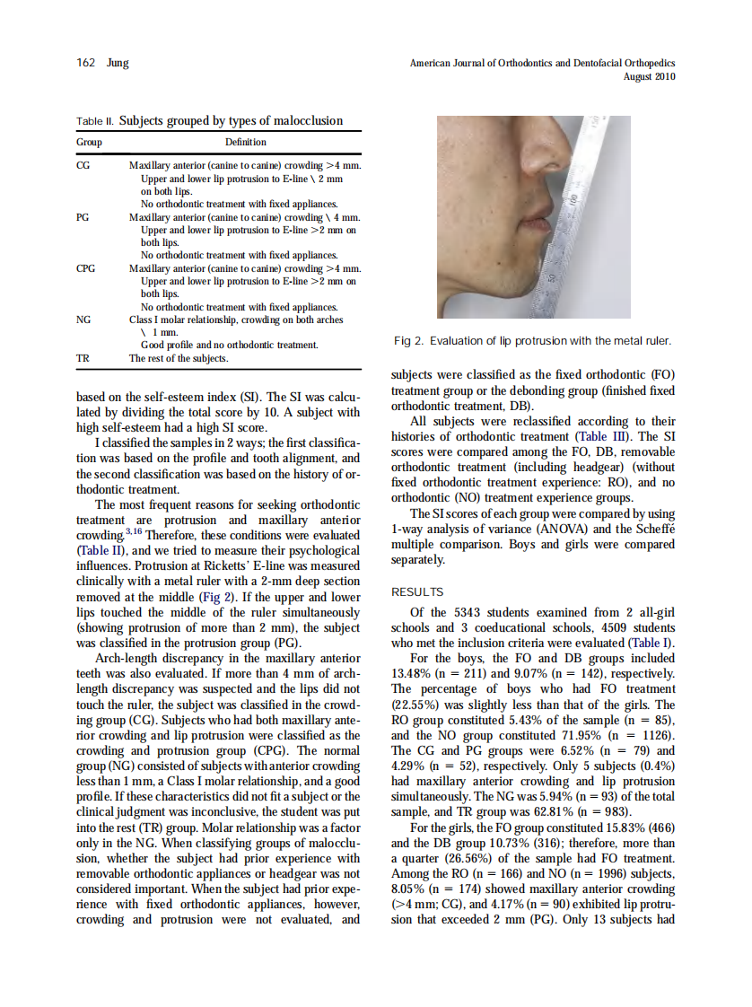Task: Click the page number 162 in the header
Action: click(87, 63)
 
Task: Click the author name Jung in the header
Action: click(117, 63)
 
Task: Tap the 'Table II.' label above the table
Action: click(94, 120)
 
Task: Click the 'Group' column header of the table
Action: click(89, 142)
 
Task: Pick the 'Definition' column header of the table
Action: click(245, 142)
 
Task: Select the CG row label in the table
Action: click(83, 166)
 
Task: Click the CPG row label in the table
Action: click(86, 267)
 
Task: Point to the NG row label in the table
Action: click(83, 319)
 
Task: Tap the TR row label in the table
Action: click(83, 358)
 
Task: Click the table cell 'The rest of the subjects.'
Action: click(179, 358)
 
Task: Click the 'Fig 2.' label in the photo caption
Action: click(409, 341)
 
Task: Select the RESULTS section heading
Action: click(417, 591)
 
